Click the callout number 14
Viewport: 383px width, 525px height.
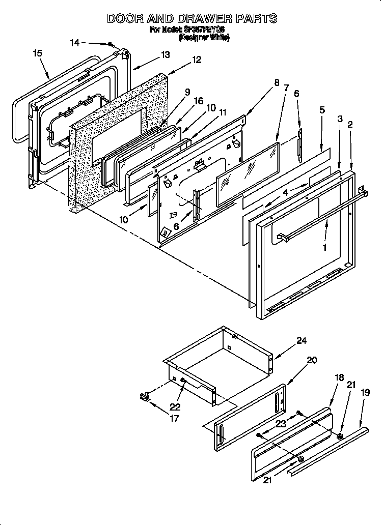point(75,43)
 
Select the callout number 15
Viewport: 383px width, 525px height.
point(37,52)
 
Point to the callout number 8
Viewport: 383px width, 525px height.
point(277,82)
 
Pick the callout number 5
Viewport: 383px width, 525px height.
point(322,109)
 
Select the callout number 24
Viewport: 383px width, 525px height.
point(302,341)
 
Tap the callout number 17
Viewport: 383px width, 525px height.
point(174,419)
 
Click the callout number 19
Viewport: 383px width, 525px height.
point(365,392)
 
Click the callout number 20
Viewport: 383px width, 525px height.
point(312,360)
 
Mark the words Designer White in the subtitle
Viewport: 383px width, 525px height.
point(204,37)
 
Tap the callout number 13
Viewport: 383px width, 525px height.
point(165,55)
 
